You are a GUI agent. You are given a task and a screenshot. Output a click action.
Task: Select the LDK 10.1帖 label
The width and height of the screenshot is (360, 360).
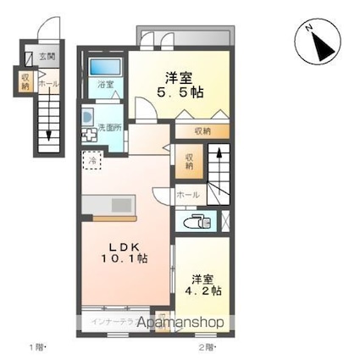point(125,252)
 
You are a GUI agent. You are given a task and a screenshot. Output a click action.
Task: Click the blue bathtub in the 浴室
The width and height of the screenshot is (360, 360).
point(105,67)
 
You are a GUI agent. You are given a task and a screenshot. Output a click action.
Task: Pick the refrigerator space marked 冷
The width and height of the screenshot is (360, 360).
point(91,158)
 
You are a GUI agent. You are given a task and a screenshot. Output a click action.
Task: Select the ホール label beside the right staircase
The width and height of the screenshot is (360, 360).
point(188,195)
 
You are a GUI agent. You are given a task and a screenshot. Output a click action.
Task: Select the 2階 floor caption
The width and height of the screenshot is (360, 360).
point(206,347)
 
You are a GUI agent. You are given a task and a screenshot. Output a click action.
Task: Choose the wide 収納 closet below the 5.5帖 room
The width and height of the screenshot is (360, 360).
point(202,130)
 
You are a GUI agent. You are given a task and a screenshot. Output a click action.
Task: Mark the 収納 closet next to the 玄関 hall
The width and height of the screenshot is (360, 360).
point(25,82)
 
